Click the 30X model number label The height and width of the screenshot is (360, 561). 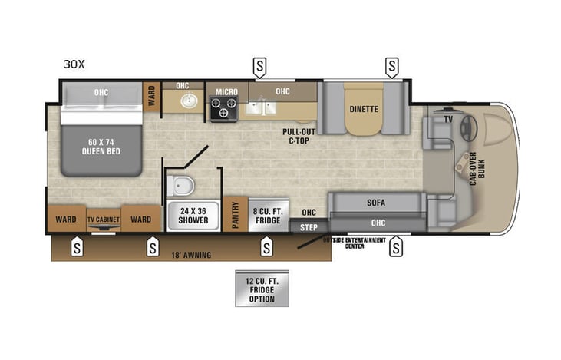(x=74, y=64)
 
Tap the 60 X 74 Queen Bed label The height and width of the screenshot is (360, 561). (x=102, y=147)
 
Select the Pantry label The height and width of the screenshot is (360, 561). (x=235, y=214)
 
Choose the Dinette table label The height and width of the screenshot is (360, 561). (x=363, y=108)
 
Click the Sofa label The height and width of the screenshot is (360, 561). (x=376, y=203)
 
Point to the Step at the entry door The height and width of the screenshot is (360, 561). (x=309, y=226)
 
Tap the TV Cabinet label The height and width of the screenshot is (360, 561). (x=102, y=220)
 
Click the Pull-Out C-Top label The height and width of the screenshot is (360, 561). (x=299, y=135)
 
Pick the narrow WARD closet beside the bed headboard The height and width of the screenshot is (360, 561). (x=151, y=97)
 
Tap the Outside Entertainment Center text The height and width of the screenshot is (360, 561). (x=355, y=243)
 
